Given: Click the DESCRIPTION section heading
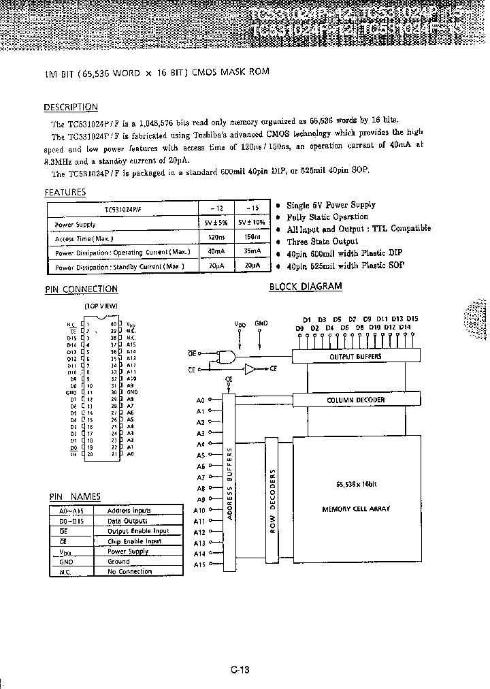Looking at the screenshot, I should (71, 107).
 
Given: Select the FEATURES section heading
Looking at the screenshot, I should (65, 192).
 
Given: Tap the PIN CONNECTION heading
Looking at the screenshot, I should (81, 289).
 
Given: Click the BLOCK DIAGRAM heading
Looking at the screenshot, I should (306, 287).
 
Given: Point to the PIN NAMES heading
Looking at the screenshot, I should (75, 497).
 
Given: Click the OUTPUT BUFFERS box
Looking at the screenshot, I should (355, 356).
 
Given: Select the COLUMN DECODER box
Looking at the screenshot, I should (355, 400).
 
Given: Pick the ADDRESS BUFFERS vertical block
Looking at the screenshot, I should (229, 483).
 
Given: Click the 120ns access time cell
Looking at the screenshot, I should (217, 239).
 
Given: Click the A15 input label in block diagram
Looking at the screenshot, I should (199, 565).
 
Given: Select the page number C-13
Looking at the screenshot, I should (240, 669).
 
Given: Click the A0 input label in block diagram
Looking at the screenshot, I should (200, 400).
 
